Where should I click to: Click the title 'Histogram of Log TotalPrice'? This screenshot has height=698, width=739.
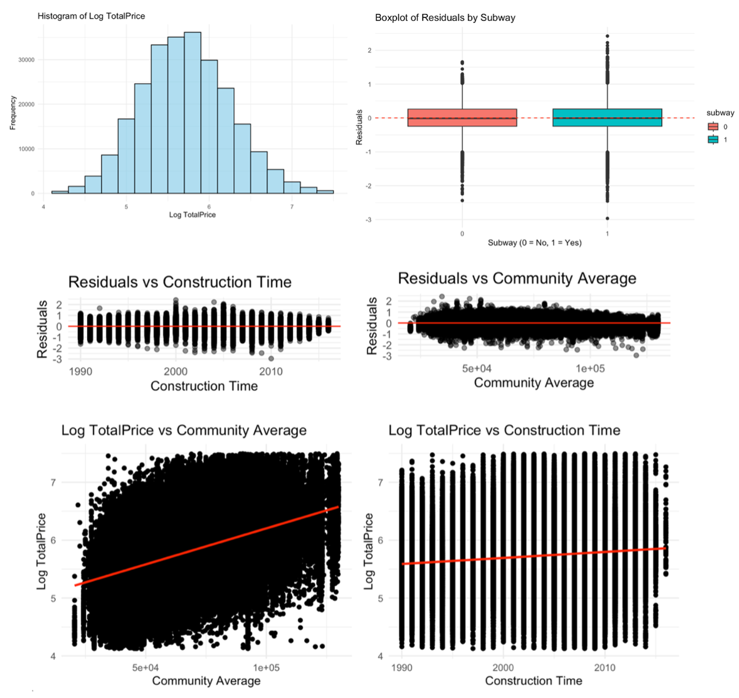pyautogui.click(x=91, y=16)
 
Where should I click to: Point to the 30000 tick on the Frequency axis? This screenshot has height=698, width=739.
pyautogui.click(x=26, y=60)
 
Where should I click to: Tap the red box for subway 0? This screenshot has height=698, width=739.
pyautogui.click(x=462, y=117)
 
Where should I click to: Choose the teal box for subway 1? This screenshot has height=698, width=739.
pyautogui.click(x=607, y=117)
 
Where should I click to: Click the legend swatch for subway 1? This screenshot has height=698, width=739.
pyautogui.click(x=713, y=140)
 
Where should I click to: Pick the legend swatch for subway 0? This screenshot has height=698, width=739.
pyautogui.click(x=713, y=127)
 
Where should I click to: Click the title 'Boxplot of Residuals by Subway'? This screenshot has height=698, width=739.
pyautogui.click(x=445, y=18)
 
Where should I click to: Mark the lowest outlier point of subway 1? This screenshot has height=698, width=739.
pyautogui.click(x=608, y=219)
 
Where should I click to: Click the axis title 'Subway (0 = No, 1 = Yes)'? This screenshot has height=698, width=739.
pyautogui.click(x=534, y=243)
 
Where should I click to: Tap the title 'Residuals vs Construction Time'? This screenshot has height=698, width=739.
pyautogui.click(x=180, y=282)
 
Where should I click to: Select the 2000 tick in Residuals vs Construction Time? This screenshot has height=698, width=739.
pyautogui.click(x=176, y=372)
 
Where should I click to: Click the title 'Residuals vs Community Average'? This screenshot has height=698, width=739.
pyautogui.click(x=517, y=279)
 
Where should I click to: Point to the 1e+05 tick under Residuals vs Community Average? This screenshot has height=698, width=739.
pyautogui.click(x=590, y=369)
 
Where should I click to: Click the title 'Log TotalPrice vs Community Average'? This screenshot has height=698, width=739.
pyautogui.click(x=184, y=430)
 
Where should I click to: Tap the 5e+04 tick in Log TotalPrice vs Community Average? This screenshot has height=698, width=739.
pyautogui.click(x=145, y=668)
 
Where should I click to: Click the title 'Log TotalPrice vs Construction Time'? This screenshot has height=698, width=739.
pyautogui.click(x=504, y=430)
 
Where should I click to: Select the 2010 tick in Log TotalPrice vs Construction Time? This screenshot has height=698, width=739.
pyautogui.click(x=605, y=668)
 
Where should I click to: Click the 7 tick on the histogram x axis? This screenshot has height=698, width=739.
pyautogui.click(x=292, y=206)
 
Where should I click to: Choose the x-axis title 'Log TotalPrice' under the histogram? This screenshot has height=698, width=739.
pyautogui.click(x=192, y=215)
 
